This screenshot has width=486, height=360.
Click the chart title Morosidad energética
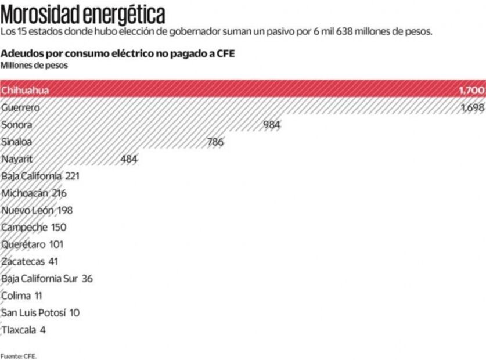[82, 13]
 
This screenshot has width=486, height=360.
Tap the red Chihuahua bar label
[25, 91]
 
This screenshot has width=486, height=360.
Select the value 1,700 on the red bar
[471, 91]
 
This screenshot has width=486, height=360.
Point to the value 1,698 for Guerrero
[471, 107]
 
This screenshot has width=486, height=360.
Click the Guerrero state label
[20, 107]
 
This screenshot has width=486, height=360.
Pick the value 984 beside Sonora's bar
[271, 125]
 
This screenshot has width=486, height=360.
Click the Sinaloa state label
[17, 142]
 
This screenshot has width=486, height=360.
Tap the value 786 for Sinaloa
[215, 142]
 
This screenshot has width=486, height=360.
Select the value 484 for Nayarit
[129, 159]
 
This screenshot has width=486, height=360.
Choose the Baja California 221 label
[40, 176]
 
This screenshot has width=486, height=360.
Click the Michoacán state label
[25, 193]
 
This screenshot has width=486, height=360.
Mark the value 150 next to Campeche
[59, 227]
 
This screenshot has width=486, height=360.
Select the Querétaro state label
[24, 244]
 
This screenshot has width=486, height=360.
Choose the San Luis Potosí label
[34, 313]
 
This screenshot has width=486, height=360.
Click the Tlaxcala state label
[19, 330]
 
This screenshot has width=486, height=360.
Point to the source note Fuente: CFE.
[19, 356]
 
